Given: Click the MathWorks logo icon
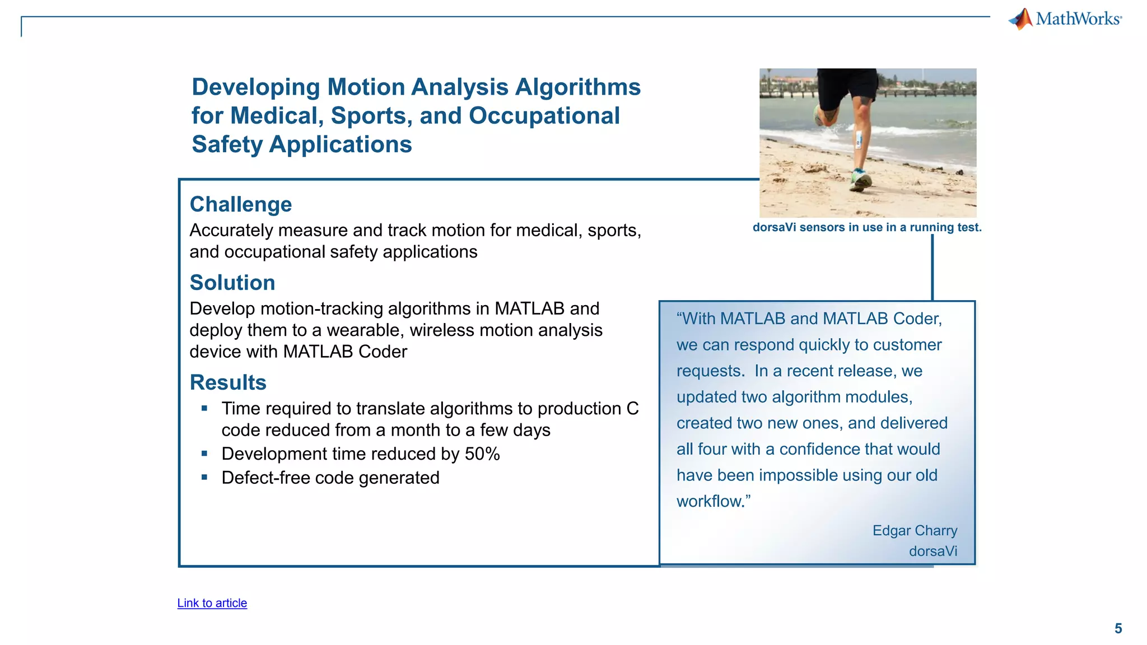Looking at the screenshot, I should (1022, 18).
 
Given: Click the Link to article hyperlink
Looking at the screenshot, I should (212, 603).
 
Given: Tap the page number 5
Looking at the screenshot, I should (1118, 628).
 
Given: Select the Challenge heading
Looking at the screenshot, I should (241, 204).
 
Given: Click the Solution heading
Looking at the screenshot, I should (232, 283).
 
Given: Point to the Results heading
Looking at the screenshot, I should (228, 382).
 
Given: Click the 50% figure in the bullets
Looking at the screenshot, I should (482, 454).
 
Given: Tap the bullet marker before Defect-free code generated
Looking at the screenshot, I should (204, 478).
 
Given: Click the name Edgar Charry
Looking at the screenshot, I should (915, 530).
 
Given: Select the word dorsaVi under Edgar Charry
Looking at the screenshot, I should (932, 551).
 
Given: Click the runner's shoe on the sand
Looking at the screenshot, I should (861, 180).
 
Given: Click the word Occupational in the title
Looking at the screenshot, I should (544, 116).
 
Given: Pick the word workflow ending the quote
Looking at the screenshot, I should (708, 501).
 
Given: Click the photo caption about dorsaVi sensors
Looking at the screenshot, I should (867, 227).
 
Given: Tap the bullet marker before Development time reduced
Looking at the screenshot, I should (204, 454).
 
